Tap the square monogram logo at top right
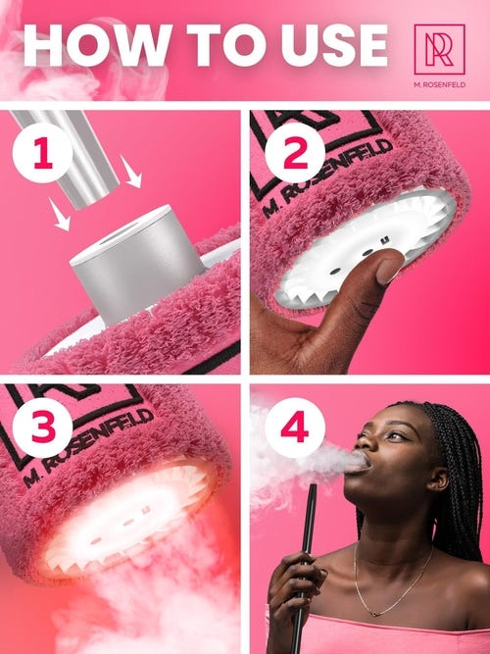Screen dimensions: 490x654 point(439,49)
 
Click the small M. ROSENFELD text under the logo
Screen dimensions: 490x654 point(440,85)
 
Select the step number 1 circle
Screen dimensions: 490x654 point(42,153)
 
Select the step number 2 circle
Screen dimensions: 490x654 point(295,153)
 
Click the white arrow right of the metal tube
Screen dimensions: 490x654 point(131,171)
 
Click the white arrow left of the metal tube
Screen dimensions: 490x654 point(59,214)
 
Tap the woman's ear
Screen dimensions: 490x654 point(440,478)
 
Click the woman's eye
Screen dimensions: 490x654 point(396,436)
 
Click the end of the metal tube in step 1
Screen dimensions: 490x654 point(98,197)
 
